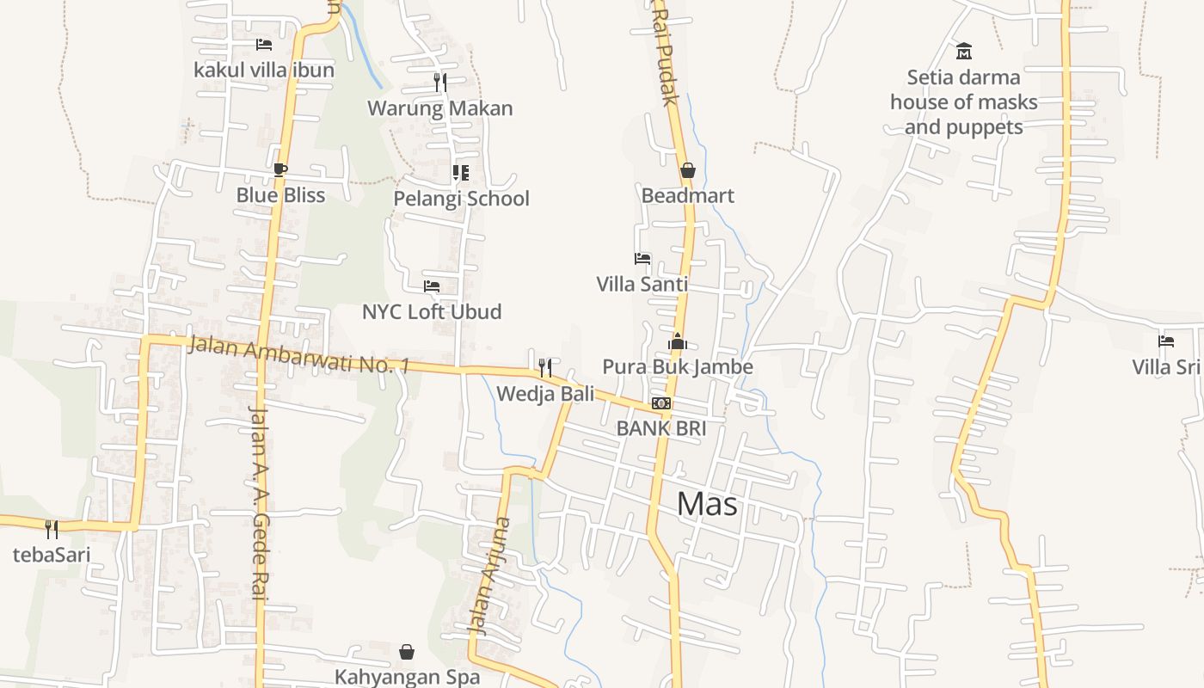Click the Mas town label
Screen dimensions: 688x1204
click(x=707, y=504)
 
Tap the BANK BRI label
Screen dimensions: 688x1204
click(x=661, y=427)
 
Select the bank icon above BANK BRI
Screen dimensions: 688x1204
click(x=660, y=403)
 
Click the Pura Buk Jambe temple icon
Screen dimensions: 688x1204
click(x=678, y=342)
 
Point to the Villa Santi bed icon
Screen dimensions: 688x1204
click(x=642, y=258)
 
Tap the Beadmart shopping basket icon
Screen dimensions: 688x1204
click(x=687, y=170)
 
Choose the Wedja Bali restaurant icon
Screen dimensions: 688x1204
click(x=544, y=368)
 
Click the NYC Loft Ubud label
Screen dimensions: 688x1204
click(x=431, y=311)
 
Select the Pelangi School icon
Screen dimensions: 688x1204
click(x=461, y=173)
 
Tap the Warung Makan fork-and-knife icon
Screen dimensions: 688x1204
click(x=440, y=83)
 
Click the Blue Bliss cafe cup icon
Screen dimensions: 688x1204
click(x=279, y=169)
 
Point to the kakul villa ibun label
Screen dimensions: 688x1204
click(x=264, y=70)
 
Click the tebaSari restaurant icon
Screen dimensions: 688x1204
click(x=52, y=529)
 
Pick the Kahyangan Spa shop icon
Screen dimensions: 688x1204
click(x=407, y=652)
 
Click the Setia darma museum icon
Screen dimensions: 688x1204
click(x=963, y=52)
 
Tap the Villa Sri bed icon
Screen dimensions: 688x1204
click(x=1166, y=341)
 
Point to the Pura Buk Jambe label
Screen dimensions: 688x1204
click(x=678, y=367)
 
